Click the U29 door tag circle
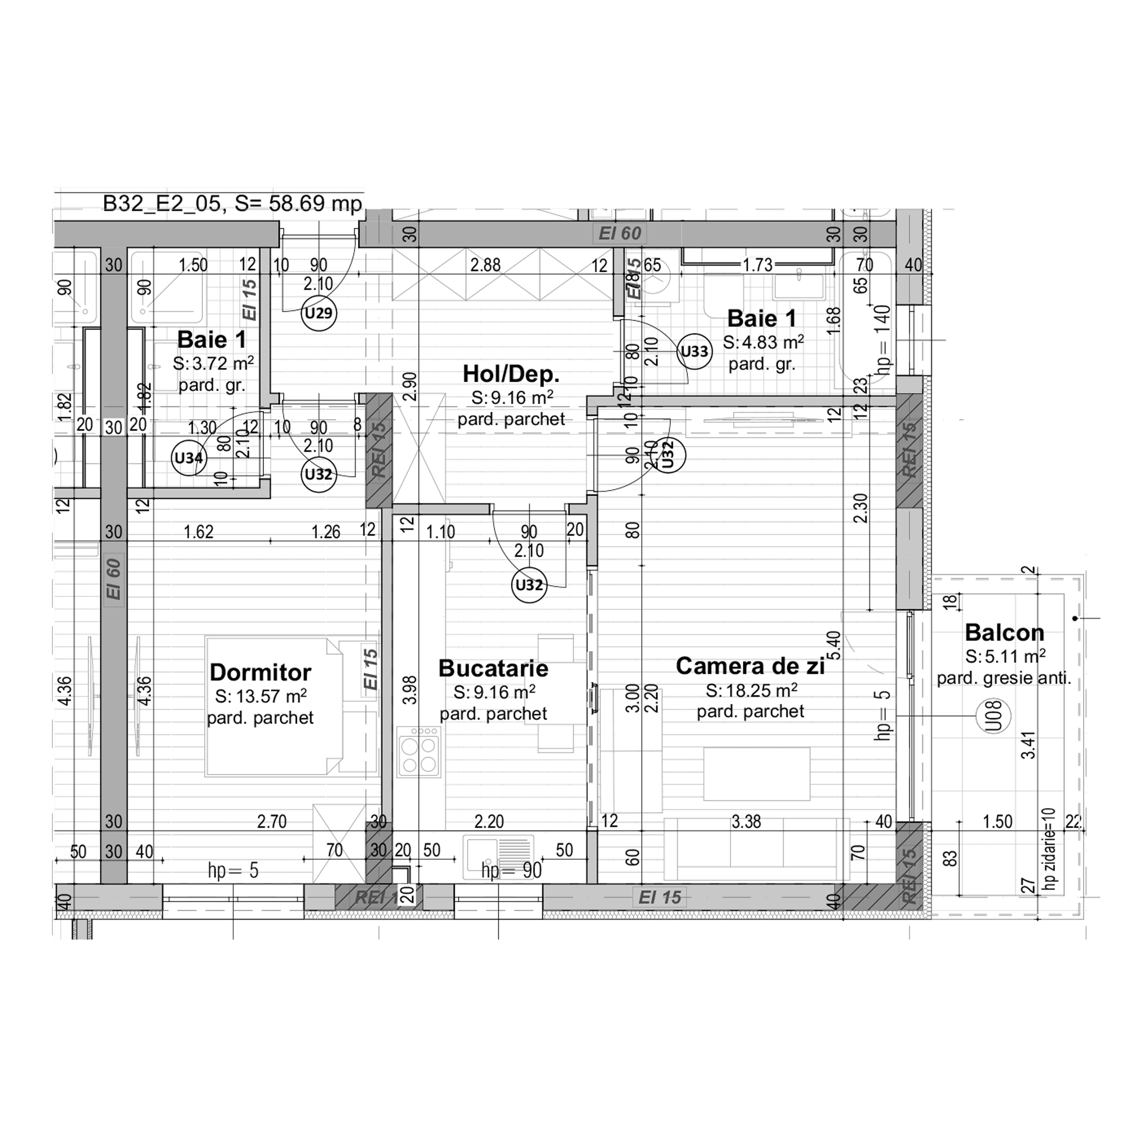pos(319,313)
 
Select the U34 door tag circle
pos(189,458)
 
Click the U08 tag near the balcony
pos(993,716)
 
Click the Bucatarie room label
pos(493,668)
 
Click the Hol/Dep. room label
pos(510,374)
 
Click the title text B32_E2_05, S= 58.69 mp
pos(232,204)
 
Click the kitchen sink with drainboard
pos(499,857)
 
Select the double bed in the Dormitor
pos(274,706)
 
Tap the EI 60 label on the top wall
pos(619,233)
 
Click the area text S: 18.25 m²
pos(751,690)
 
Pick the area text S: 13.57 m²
pos(260,696)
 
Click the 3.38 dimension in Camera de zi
pos(746,822)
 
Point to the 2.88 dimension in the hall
pos(485,265)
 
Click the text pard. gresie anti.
pos(1003,678)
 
